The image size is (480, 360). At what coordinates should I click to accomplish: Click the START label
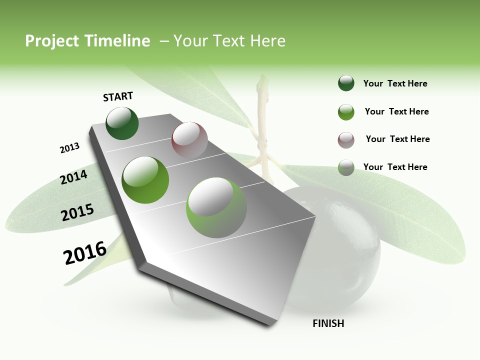118,96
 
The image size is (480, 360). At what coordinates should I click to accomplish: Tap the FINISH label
328,323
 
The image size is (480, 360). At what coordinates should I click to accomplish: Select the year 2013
69,148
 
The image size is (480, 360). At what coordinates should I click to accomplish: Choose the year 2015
77,212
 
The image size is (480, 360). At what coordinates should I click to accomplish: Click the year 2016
85,253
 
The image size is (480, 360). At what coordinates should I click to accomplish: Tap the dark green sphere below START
122,123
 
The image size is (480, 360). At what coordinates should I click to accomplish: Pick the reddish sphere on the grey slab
189,140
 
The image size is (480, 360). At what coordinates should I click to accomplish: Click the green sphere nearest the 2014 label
145,180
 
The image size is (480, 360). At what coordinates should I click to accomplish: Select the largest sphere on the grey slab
216,207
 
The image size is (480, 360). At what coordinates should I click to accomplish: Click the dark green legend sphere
346,83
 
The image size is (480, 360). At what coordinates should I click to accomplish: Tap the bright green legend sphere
346,112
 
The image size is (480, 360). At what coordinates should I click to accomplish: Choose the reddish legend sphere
346,140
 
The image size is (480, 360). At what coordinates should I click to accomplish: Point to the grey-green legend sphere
346,167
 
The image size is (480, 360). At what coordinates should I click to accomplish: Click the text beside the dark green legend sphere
395,83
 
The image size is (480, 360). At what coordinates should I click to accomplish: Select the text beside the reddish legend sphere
397,139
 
